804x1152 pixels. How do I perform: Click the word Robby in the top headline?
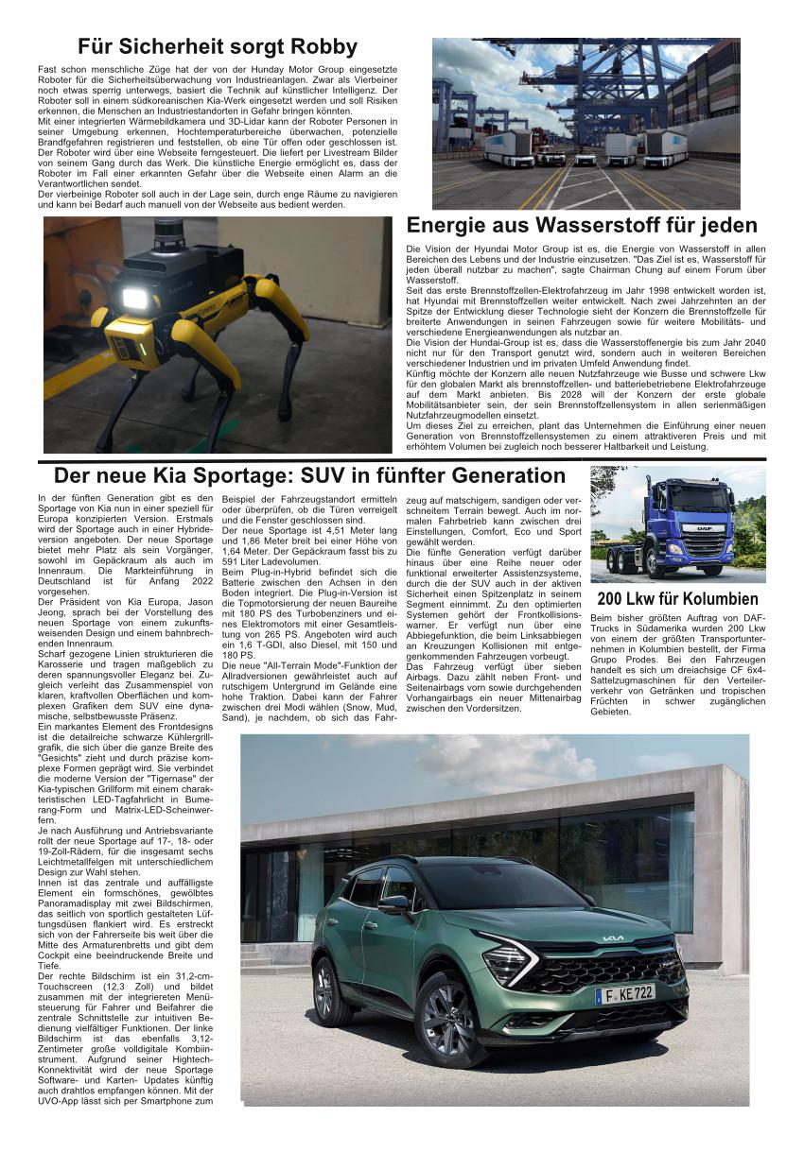[323, 46]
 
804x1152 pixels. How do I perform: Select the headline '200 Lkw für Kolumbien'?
[677, 599]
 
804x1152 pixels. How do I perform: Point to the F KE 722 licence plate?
[624, 993]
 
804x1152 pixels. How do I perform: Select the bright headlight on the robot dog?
[135, 299]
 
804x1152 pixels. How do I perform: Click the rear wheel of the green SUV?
[332, 989]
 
